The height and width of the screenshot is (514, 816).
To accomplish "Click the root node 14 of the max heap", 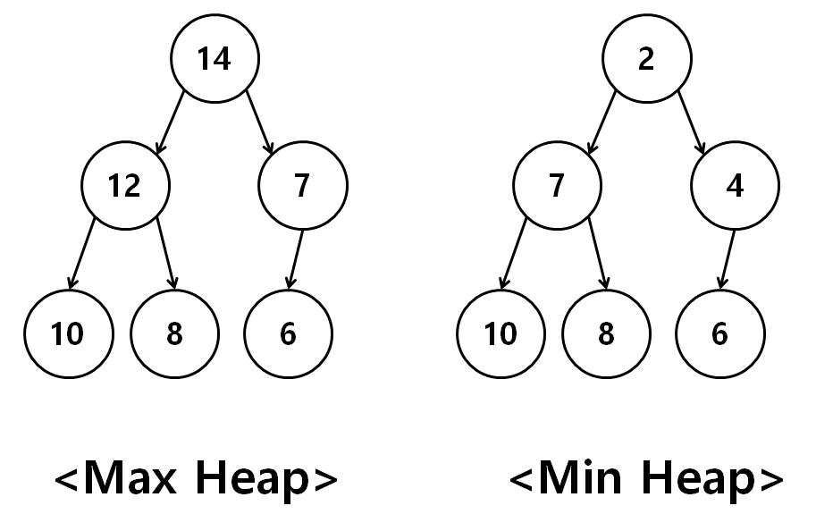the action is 215,58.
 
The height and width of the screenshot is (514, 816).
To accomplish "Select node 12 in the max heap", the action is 125,185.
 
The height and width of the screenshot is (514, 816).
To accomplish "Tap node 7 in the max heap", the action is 303,185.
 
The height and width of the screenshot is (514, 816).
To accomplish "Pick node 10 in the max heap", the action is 68,333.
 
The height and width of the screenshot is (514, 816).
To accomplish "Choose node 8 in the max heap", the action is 175,333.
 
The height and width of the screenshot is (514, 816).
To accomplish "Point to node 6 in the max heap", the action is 289,333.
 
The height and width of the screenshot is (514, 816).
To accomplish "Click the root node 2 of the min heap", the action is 647,58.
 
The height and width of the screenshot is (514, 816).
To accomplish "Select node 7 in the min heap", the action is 558,185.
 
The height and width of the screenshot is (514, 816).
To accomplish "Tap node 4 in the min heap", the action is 735,185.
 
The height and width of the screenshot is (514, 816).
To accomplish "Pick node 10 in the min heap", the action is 501,333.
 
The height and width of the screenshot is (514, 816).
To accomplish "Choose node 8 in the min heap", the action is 606,333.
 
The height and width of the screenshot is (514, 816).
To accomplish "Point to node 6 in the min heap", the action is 720,333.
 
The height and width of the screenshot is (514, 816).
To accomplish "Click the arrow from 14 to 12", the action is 171,122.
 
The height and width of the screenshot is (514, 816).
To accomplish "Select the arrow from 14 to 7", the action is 260,122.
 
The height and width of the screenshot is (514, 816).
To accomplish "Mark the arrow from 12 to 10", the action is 81,254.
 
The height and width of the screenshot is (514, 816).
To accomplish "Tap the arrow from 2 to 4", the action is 692,122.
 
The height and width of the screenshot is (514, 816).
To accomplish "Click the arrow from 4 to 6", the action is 728,259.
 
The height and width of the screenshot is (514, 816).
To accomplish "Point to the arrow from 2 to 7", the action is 602,122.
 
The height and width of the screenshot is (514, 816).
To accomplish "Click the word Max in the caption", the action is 130,478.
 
